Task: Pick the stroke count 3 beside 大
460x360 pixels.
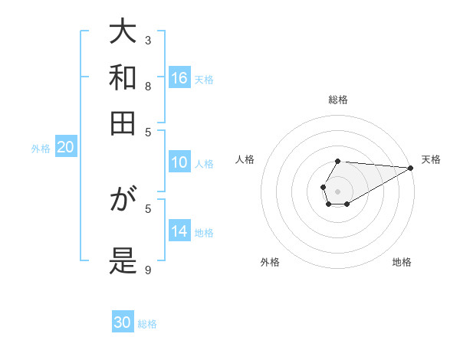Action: [x=148, y=40]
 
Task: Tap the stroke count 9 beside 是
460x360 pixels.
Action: [x=148, y=269]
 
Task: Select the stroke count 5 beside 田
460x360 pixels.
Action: [x=148, y=131]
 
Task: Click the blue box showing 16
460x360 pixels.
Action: [x=179, y=78]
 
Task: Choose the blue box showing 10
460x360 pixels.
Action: [x=179, y=162]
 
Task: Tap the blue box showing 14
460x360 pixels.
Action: [x=179, y=231]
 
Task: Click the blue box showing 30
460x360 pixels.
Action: [x=123, y=322]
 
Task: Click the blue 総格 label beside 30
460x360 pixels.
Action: [x=147, y=324]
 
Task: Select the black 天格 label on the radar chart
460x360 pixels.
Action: [x=431, y=159]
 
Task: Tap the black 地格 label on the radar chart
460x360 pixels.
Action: [x=402, y=262]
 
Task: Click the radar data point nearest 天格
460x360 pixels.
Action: [x=410, y=168]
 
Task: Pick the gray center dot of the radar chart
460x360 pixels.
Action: [x=337, y=191]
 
